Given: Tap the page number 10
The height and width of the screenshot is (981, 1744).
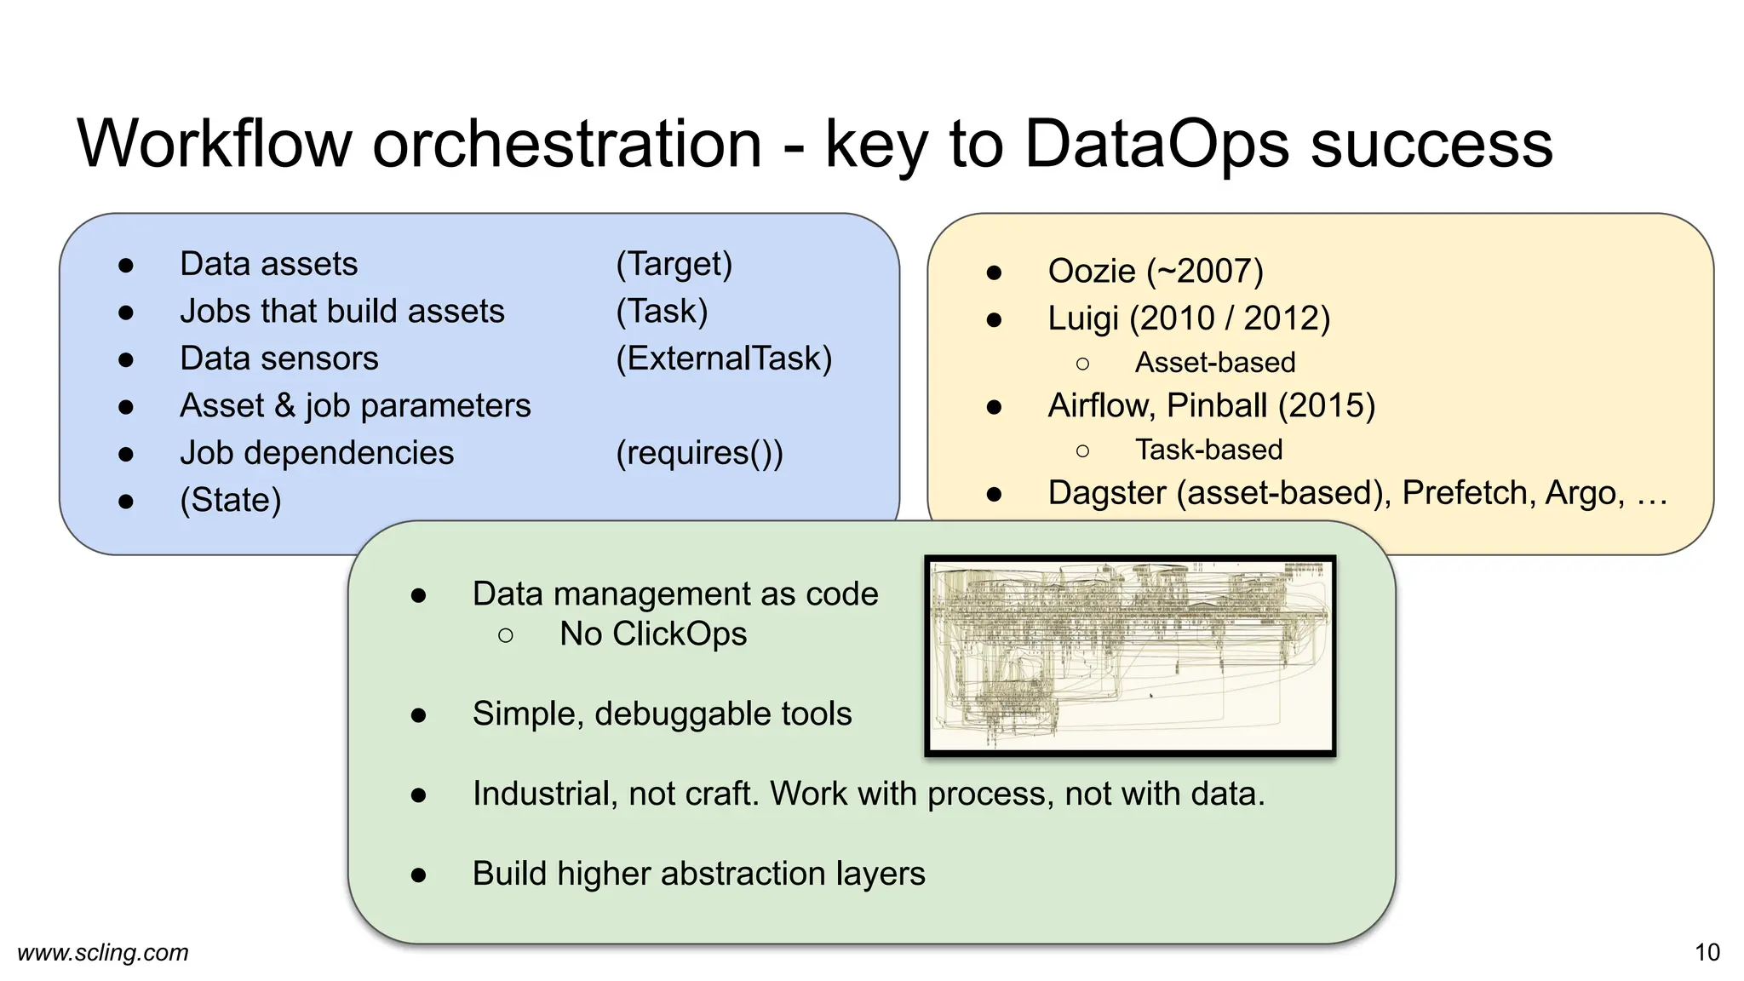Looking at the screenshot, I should click(x=1707, y=952).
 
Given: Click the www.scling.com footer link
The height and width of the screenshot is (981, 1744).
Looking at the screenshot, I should click(x=103, y=952).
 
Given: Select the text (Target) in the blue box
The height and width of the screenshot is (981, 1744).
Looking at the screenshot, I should click(x=674, y=265).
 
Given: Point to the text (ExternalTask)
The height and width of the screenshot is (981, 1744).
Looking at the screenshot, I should click(x=724, y=359).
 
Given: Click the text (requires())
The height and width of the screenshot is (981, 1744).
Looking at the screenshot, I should click(x=699, y=453).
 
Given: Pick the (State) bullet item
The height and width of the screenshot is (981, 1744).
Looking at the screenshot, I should click(x=231, y=500).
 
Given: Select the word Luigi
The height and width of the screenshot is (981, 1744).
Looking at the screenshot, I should click(x=1083, y=318).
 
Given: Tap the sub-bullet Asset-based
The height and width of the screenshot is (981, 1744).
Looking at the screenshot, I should click(x=1215, y=363).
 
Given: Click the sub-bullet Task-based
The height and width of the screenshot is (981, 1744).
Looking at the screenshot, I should click(x=1208, y=450).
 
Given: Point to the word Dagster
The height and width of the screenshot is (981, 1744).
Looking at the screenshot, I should click(x=1106, y=493).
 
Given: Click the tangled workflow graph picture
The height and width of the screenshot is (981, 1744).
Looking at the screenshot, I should click(x=1130, y=656).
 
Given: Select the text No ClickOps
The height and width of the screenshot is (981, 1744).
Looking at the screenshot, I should click(x=653, y=634).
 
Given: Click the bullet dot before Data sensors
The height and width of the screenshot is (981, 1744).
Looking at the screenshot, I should click(x=126, y=359).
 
